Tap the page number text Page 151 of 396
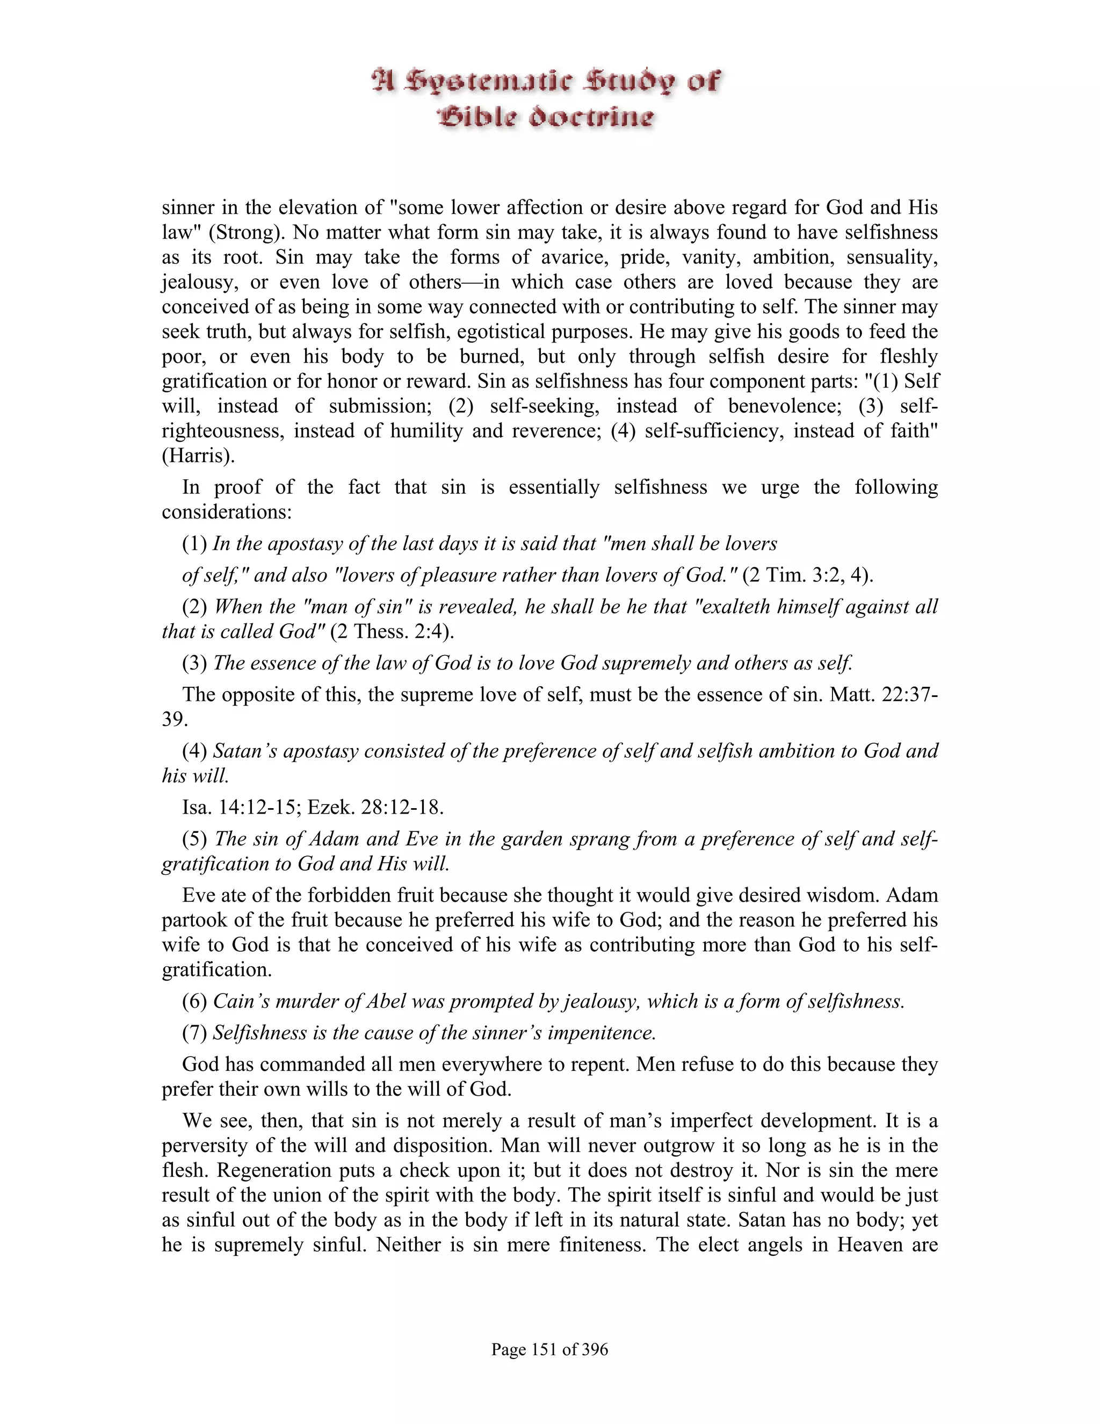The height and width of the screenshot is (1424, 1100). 549,1349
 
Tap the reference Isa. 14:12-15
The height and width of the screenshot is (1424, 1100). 241,807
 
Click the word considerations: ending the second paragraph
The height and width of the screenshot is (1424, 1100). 226,512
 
